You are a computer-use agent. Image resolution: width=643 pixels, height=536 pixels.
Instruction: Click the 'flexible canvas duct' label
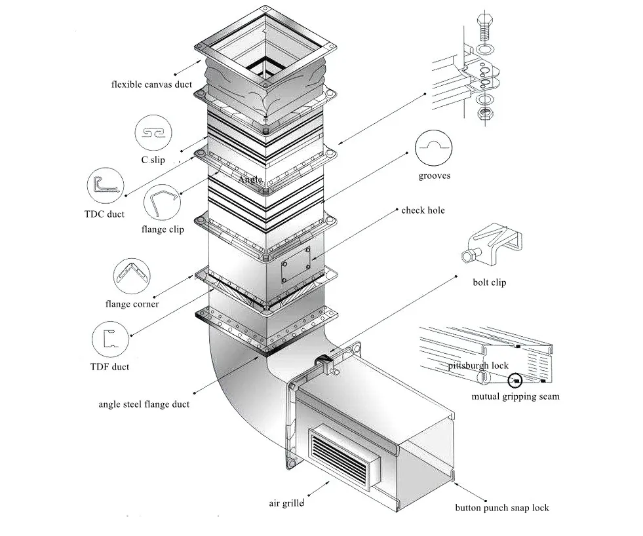pyautogui.click(x=151, y=85)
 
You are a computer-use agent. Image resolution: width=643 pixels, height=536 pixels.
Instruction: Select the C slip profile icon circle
pyautogui.click(x=154, y=133)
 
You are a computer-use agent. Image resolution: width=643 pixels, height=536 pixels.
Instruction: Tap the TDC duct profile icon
pyautogui.click(x=106, y=187)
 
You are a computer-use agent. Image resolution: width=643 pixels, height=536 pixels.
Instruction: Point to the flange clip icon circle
pyautogui.click(x=162, y=204)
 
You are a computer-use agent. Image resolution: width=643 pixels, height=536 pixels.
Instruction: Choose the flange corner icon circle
pyautogui.click(x=132, y=277)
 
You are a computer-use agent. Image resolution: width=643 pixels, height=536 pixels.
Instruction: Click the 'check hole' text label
pyautogui.click(x=423, y=210)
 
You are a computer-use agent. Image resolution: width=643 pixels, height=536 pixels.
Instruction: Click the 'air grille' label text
pyautogui.click(x=286, y=503)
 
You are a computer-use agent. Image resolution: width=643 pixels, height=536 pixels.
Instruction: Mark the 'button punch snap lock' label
pyautogui.click(x=502, y=508)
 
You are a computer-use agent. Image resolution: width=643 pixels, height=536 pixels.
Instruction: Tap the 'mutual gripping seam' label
pyautogui.click(x=515, y=396)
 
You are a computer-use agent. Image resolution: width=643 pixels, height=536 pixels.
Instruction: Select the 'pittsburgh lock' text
pyautogui.click(x=478, y=366)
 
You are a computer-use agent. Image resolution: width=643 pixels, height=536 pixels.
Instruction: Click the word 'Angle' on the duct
pyautogui.click(x=250, y=179)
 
